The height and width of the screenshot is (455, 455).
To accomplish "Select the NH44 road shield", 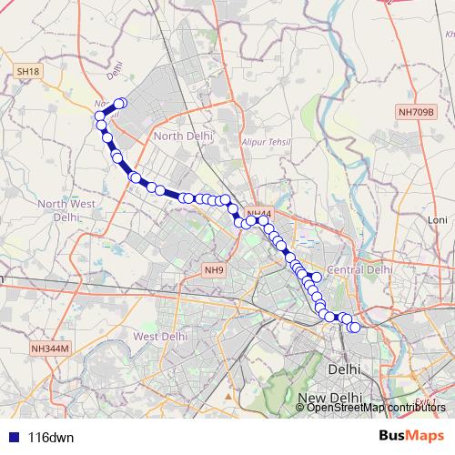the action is tap(258, 212).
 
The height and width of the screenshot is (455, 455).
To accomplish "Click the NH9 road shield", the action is tap(214, 270).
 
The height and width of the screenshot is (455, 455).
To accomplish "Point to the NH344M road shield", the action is tap(50, 349).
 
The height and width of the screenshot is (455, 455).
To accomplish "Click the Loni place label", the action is tap(439, 220).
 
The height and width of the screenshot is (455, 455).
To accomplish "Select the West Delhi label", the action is tap(160, 336).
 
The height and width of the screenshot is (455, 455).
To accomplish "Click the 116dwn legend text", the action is tap(51, 437).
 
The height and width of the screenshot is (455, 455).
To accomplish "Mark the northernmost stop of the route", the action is tap(119, 104).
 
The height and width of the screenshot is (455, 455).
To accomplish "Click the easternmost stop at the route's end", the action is tap(355, 328).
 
